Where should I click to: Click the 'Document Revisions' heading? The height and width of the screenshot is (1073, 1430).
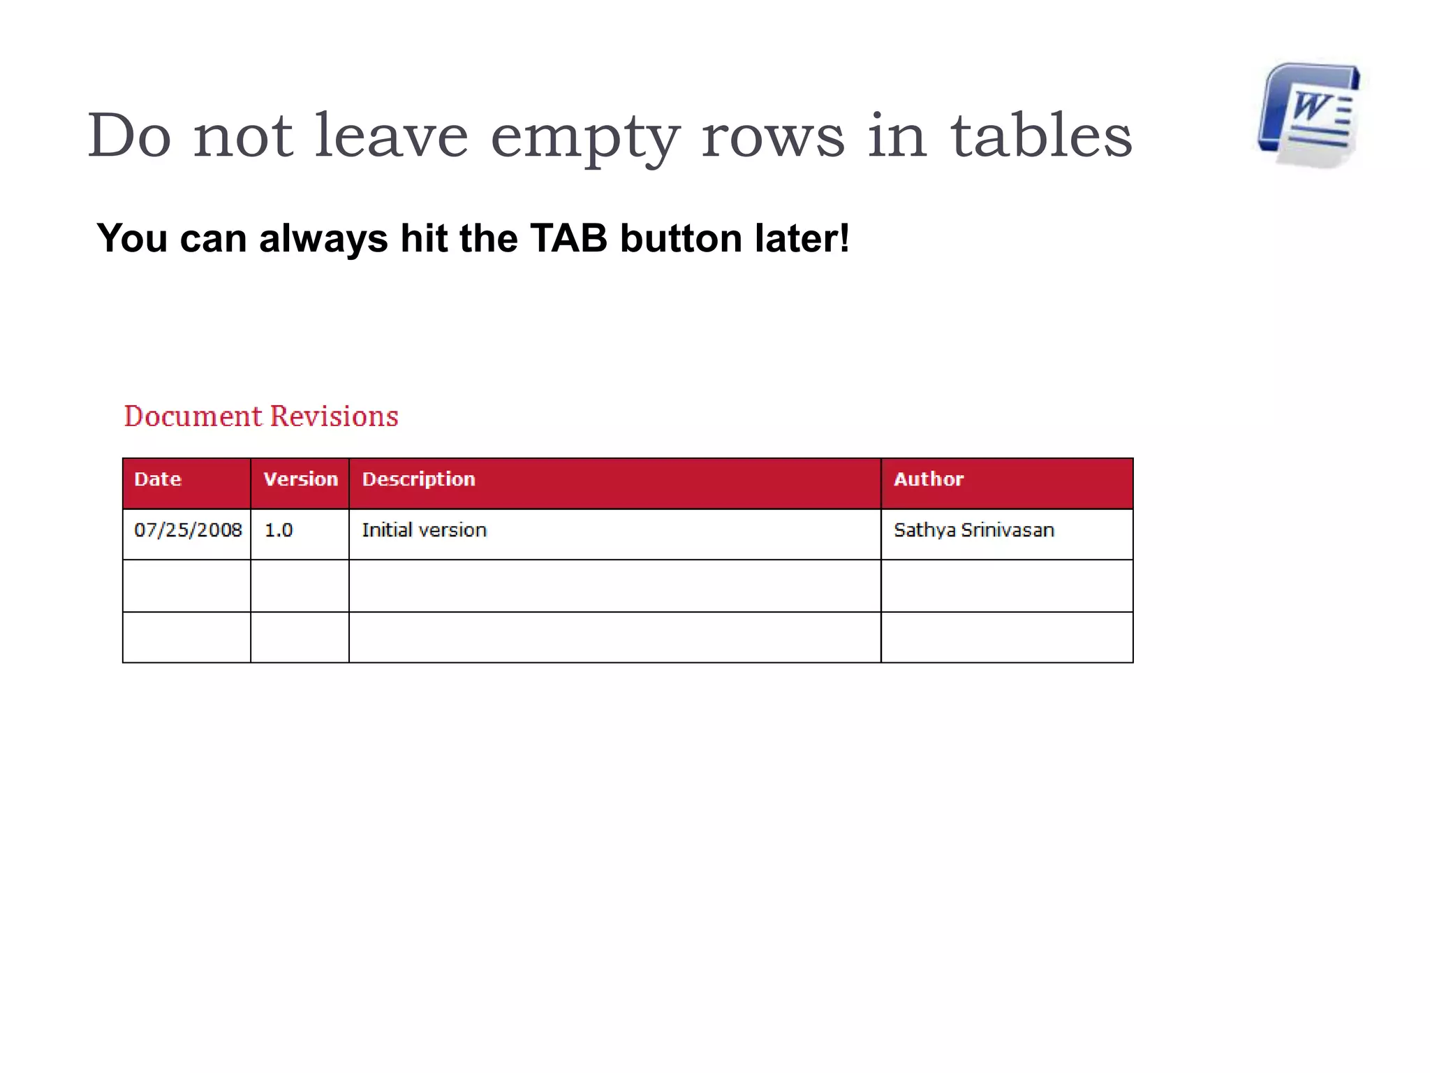point(261,416)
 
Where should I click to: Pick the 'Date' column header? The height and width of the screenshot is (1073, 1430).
point(158,479)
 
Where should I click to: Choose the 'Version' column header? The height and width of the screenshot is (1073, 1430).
point(300,479)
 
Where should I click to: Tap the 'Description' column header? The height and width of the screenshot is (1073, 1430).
point(418,479)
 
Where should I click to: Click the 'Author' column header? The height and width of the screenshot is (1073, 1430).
point(929,479)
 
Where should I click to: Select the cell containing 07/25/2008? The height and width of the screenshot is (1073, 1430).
point(187,530)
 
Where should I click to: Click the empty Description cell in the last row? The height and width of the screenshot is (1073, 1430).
point(614,637)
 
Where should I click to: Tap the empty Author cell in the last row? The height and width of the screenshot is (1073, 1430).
point(1006,637)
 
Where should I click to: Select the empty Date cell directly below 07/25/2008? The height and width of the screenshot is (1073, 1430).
point(186,585)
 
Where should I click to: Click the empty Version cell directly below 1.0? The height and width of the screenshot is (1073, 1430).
point(300,585)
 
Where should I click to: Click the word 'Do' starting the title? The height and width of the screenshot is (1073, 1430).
point(130,136)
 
